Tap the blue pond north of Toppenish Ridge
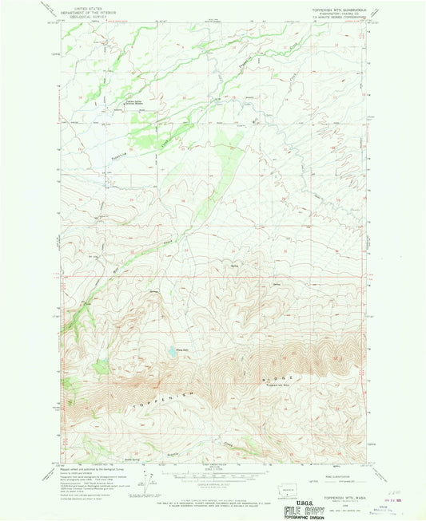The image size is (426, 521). pos(171,350)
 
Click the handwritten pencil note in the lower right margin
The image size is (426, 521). pos(389,472)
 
